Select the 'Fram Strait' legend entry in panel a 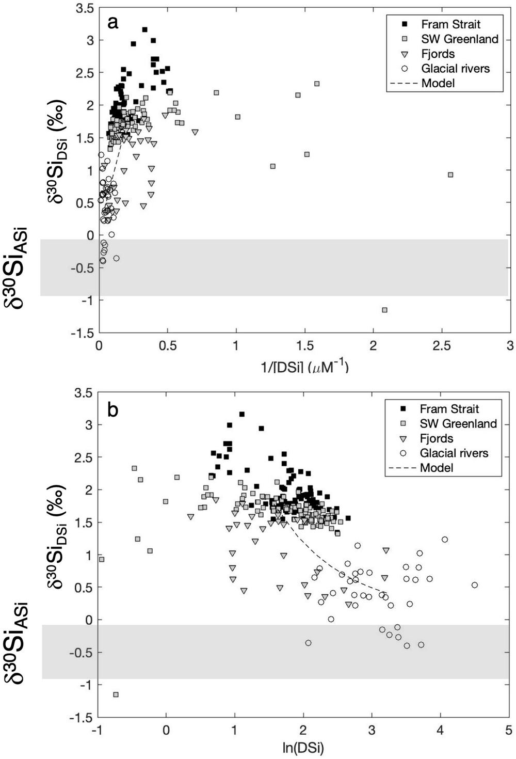click(x=450, y=24)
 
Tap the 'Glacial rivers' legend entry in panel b click(x=454, y=453)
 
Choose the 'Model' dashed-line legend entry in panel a click(x=438, y=83)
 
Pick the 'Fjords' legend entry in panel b click(x=436, y=438)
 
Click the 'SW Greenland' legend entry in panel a click(x=459, y=39)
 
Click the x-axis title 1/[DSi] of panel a click(x=304, y=367)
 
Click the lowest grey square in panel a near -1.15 click(x=384, y=310)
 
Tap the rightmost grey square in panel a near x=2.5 click(x=450, y=175)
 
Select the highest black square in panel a click(x=145, y=29)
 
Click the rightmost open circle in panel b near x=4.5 click(x=475, y=585)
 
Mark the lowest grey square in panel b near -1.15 click(x=116, y=694)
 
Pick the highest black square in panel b click(x=241, y=414)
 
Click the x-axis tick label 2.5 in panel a click(x=442, y=346)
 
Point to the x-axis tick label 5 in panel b click(x=508, y=730)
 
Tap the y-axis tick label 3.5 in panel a click(x=85, y=8)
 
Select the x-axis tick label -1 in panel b click(x=97, y=730)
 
